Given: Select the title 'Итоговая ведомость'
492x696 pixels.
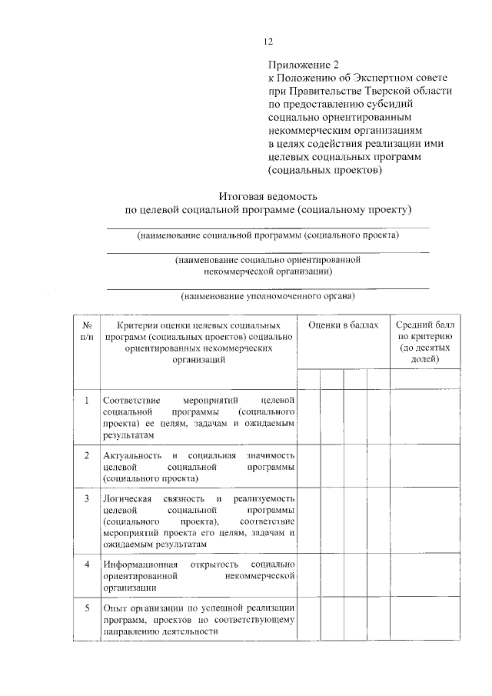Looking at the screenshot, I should click(268, 195).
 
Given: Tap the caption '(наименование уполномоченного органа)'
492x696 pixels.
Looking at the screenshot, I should click(268, 296).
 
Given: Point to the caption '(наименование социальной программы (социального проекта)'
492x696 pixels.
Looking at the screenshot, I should click(268, 235).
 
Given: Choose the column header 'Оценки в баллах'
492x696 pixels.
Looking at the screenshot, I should click(344, 326).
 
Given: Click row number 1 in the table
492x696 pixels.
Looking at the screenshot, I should click(87, 401).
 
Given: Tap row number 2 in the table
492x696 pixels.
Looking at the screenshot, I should click(87, 455).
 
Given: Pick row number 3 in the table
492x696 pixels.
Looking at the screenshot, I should click(87, 498).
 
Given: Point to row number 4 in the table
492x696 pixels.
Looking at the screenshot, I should click(87, 564).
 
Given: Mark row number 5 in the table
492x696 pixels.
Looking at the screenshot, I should click(87, 608).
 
